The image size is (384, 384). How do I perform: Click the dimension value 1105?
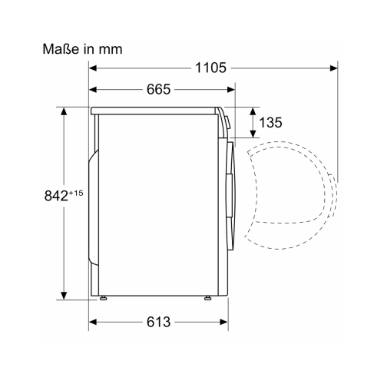pyautogui.click(x=210, y=68)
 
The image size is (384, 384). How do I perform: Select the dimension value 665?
pyautogui.click(x=158, y=89)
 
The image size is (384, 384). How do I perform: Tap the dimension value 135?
pyautogui.click(x=270, y=122)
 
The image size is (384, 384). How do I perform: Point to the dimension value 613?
pyautogui.click(x=158, y=322)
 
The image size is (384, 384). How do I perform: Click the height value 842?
pyautogui.click(x=56, y=196)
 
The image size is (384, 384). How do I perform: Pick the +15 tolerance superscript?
pyautogui.click(x=76, y=193)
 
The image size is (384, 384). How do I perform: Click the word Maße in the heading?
pyautogui.click(x=61, y=49)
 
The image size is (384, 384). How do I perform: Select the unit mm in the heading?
pyautogui.click(x=111, y=49)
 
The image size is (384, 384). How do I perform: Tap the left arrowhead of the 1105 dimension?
pyautogui.click(x=93, y=68)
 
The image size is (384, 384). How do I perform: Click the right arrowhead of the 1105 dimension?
pyautogui.click(x=333, y=68)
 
